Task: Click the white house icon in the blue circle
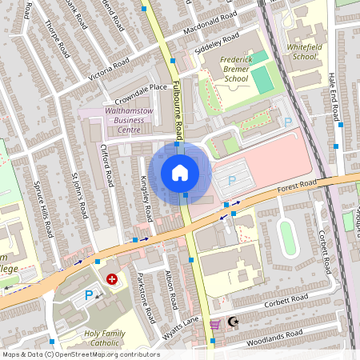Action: point(180,172)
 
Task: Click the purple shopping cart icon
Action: point(214,324)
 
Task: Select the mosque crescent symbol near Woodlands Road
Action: point(233,322)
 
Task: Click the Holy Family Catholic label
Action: point(113,338)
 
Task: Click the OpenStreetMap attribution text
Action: point(80,354)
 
